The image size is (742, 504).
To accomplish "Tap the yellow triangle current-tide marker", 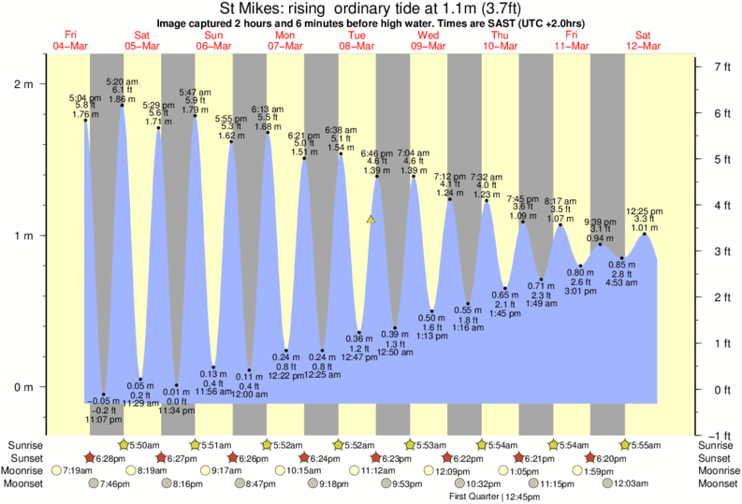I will [371, 220].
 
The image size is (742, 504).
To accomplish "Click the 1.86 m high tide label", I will [122, 98].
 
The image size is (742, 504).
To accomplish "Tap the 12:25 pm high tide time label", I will [645, 210].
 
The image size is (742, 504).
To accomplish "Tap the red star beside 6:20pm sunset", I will [590, 458].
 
